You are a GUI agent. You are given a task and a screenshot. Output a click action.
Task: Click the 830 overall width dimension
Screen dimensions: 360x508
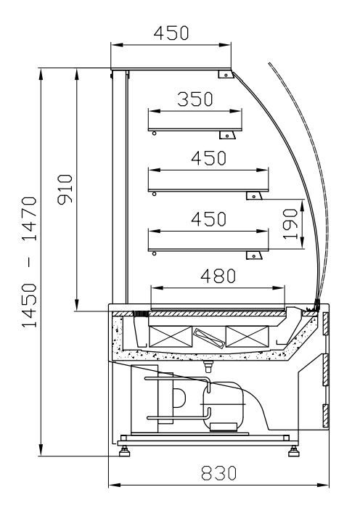point(218,473)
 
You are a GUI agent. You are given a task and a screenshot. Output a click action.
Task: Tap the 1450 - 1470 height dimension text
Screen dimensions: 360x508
point(29,262)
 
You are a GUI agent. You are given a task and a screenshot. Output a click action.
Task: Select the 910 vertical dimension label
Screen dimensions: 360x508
point(65,189)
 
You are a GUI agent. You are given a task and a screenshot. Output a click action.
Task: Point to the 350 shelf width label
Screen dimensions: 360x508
point(195,99)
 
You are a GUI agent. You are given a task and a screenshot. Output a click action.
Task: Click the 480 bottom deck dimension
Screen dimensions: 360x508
point(218,276)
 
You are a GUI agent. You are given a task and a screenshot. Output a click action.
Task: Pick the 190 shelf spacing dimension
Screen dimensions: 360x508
point(290,224)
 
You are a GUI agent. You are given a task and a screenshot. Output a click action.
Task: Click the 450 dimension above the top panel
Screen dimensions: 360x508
point(171,33)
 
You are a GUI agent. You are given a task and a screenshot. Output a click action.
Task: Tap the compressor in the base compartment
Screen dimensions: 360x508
point(223,406)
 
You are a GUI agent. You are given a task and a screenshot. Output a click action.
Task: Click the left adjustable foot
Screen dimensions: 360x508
point(124,451)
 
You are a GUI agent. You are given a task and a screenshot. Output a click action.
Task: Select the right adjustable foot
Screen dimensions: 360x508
point(293,451)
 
